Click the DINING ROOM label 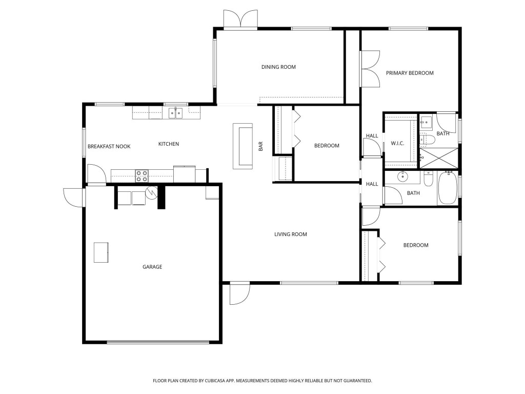coord(278,67)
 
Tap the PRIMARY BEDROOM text coord(410,73)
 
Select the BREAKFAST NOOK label coord(109,147)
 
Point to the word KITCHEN coord(168,144)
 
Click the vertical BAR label coord(260,146)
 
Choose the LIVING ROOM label coord(290,234)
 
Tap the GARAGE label coord(152,267)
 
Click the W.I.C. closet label coord(397,143)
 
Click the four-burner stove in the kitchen coord(142,176)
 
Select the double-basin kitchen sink coord(176,113)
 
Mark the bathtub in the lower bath coord(448,188)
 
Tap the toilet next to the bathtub coord(429,180)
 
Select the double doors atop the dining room coord(240,19)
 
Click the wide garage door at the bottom coord(158,342)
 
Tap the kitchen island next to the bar coord(243,146)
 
